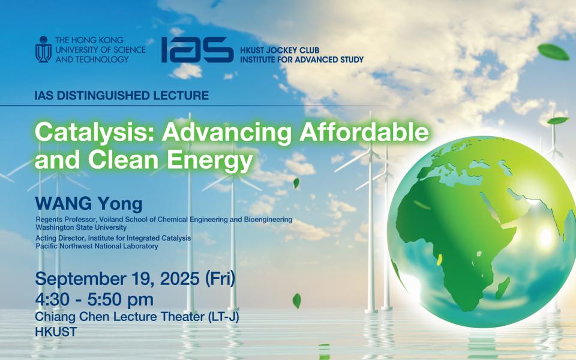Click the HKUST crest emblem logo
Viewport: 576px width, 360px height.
[x=43, y=49]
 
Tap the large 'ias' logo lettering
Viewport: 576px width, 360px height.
[x=197, y=50]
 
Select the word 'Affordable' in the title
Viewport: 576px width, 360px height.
[x=364, y=132]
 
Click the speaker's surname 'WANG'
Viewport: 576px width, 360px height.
[x=64, y=204]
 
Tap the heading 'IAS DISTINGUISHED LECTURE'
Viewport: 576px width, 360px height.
[x=122, y=95]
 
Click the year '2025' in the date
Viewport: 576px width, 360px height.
[x=179, y=279]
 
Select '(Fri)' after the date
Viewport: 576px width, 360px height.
[x=220, y=279]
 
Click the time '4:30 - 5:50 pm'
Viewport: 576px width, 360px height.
[x=94, y=299]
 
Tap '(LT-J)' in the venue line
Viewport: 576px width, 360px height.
[x=224, y=317]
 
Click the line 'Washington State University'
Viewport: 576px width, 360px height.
[x=81, y=227]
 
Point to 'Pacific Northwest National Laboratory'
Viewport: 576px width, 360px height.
[x=97, y=246]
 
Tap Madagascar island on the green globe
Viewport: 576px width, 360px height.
[x=503, y=289]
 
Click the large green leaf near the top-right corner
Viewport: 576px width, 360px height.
[x=554, y=52]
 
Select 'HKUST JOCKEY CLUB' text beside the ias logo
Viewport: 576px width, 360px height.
[x=280, y=50]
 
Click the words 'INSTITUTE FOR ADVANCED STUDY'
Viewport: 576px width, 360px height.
[x=302, y=59]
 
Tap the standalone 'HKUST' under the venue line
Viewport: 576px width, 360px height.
[x=56, y=332]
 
